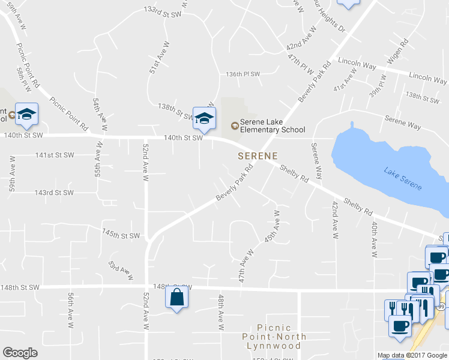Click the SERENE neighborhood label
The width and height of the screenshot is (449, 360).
click(x=258, y=156)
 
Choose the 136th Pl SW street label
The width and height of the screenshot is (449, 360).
click(x=243, y=74)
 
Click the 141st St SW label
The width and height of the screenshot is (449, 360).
click(x=54, y=155)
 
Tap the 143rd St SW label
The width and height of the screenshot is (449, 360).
click(x=54, y=193)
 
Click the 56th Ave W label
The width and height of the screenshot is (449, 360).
click(x=71, y=310)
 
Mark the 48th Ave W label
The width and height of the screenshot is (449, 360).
click(x=221, y=312)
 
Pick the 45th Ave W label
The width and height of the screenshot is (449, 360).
click(x=270, y=226)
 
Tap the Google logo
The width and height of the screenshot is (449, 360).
click(x=20, y=353)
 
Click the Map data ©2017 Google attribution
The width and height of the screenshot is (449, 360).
click(x=412, y=355)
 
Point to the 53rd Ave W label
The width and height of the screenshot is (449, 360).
click(x=120, y=270)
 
